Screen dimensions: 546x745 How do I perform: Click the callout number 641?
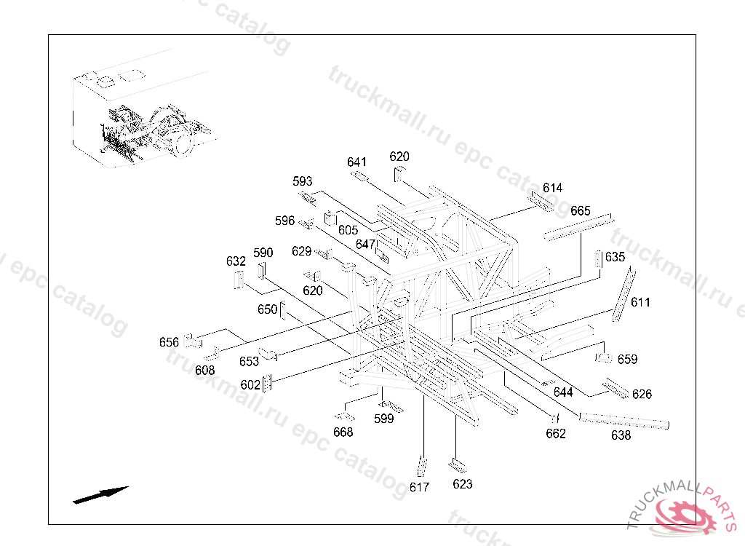pos(357,162)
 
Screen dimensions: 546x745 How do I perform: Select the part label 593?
pos(303,181)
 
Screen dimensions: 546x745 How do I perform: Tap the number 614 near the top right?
pos(552,188)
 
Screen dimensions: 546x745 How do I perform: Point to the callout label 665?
pos(581,210)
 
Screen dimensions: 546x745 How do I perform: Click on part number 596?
pos(284,221)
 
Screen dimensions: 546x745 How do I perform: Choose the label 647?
pos(365,244)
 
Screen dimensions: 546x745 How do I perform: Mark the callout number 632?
pos(236,261)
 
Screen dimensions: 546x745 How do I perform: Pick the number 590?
pos(263,253)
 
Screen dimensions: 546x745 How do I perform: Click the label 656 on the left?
pos(169,342)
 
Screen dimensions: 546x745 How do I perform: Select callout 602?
pos(250,384)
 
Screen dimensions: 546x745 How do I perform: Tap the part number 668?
pos(343,432)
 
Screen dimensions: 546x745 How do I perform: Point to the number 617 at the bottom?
pos(419,487)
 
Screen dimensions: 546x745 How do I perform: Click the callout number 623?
pos(462,484)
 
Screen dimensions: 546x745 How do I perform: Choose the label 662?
pos(556,434)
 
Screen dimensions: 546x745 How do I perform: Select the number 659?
pos(627,359)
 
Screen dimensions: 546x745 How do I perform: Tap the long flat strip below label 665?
pos(578,227)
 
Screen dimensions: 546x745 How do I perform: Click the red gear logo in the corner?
pos(685,516)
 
